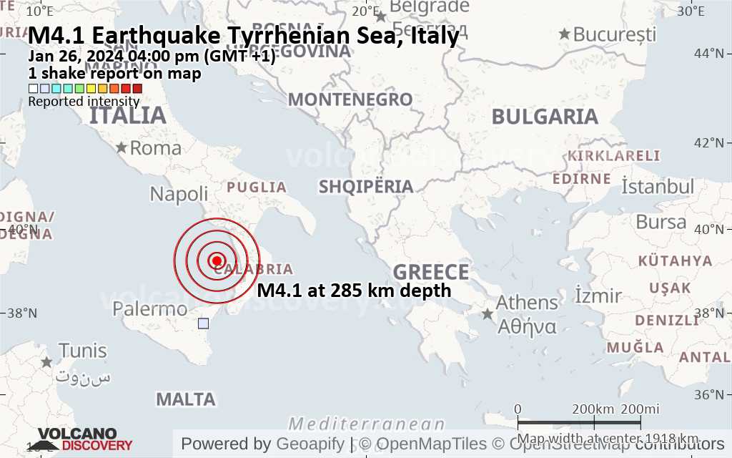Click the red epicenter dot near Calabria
tap(217, 260)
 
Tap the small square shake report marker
tap(204, 323)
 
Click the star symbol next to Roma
tap(122, 148)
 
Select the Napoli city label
tap(179, 194)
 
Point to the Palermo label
tap(150, 309)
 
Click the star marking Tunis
tap(47, 362)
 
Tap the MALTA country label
tap(186, 399)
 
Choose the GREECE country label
tap(431, 272)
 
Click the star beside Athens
tap(488, 314)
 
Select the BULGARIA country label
tap(545, 117)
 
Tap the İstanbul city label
tap(658, 187)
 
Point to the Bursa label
tap(661, 222)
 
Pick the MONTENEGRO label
tap(350, 99)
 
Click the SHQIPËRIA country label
tap(366, 187)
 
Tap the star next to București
tap(565, 34)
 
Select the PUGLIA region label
tap(257, 187)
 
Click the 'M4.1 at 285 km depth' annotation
tap(354, 290)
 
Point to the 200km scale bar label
tap(593, 409)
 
